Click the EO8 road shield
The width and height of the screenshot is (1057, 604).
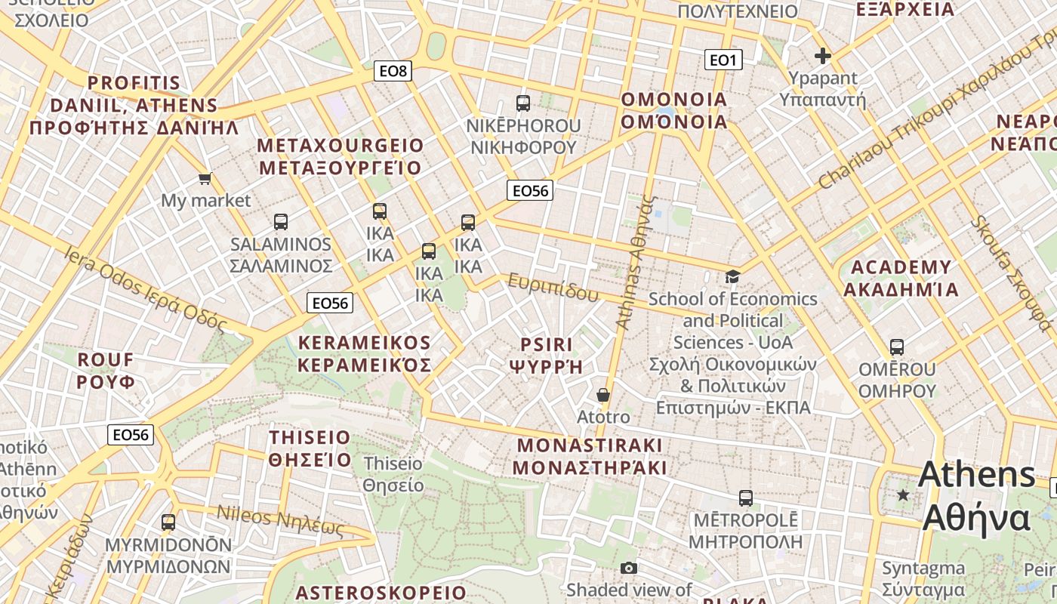point(393,72)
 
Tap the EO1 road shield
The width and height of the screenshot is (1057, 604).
point(723,60)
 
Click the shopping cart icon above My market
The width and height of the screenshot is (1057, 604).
point(205,179)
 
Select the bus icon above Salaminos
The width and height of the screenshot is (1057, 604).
point(281,222)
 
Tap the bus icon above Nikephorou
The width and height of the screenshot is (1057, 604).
point(522,103)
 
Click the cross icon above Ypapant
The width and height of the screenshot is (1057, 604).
point(823,56)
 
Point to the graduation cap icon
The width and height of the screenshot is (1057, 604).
point(732,276)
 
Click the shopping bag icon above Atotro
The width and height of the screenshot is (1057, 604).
point(603,395)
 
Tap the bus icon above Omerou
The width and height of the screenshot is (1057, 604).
point(897,347)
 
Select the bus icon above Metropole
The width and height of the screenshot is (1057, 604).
point(746,498)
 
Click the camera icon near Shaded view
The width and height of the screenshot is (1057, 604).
point(629,569)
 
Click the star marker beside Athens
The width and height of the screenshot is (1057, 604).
point(902,495)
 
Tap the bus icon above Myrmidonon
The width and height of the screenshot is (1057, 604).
point(168,522)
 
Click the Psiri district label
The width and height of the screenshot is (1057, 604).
point(547,356)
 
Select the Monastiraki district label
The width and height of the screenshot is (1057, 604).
point(590,456)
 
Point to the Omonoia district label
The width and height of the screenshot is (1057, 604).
point(673,110)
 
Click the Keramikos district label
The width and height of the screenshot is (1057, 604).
point(365,354)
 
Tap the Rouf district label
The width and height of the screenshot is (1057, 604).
point(106,370)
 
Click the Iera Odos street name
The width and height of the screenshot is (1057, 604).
point(146,288)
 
